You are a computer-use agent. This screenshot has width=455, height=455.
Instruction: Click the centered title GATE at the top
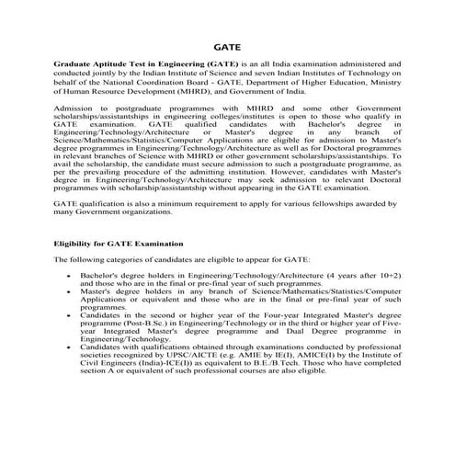(226, 43)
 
